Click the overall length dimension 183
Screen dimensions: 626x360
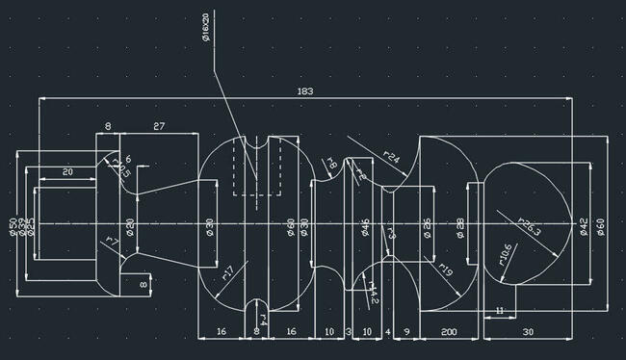click(305, 91)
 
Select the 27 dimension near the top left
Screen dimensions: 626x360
click(159, 126)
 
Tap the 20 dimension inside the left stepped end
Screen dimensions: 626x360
click(67, 171)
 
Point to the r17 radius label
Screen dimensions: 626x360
click(228, 272)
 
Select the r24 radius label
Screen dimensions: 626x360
click(392, 155)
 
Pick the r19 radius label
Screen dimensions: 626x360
click(446, 270)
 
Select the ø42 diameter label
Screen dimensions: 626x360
click(583, 226)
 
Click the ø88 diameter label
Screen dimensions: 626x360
click(460, 226)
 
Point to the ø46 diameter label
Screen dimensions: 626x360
click(365, 227)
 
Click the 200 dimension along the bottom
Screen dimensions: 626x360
click(449, 330)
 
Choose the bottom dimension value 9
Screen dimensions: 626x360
click(406, 330)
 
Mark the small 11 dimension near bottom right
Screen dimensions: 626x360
click(499, 310)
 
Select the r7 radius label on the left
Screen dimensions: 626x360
click(111, 240)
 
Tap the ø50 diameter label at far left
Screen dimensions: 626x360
click(13, 227)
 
